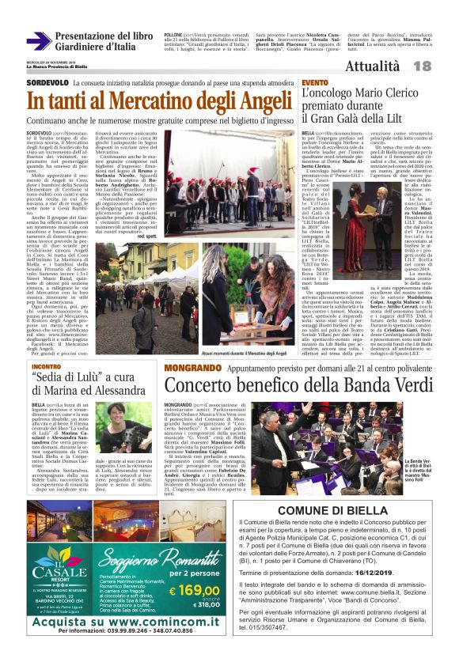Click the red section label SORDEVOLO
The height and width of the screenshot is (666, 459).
pos(47,81)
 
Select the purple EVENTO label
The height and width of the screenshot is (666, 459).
pos(314,82)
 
